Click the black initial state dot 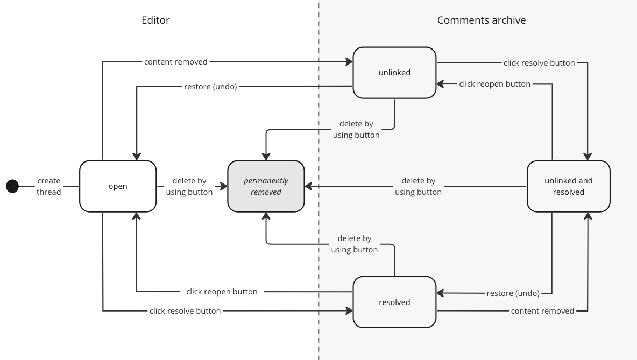coord(12,186)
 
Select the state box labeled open coord(118,186)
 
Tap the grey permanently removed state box coord(266,186)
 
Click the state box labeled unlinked coord(394,73)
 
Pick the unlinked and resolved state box coord(568,186)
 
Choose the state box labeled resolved coord(394,302)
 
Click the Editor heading coord(155,20)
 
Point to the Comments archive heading coord(481,20)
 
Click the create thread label coord(49,186)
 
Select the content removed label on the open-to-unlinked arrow coord(175,62)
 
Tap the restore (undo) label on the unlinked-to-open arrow coord(210,87)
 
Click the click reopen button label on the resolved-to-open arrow coord(222,292)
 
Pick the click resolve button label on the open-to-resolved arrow coord(185,311)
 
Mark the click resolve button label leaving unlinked coord(539,63)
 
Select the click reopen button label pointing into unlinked coord(494,84)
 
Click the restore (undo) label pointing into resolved coord(513,293)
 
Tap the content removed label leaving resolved coord(542,311)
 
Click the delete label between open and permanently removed coord(189,186)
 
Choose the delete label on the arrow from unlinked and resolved coord(418,186)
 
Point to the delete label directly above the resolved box coord(355,244)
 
